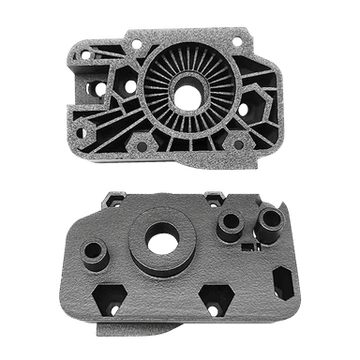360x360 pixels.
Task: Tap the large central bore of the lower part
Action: [x=161, y=242]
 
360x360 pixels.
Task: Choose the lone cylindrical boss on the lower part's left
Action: [x=94, y=252]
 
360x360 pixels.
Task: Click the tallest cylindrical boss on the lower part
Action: [x=270, y=221]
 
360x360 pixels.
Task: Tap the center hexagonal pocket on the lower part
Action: [x=215, y=300]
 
